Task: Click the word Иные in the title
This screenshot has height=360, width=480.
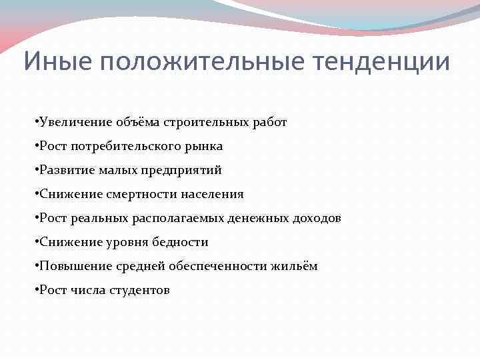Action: click(53, 62)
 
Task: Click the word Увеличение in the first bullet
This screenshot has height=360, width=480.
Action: click(74, 122)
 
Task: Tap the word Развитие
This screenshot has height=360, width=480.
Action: click(66, 170)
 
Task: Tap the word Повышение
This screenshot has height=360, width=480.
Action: click(70, 266)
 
